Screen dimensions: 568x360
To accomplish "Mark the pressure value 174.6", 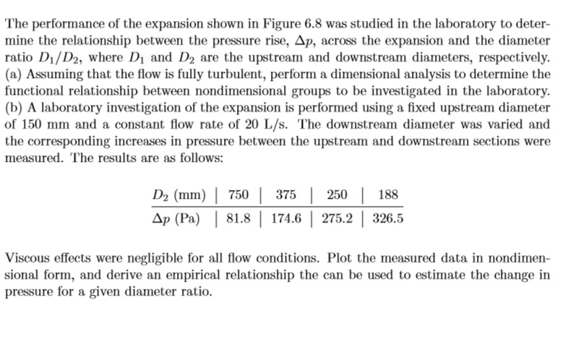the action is tap(289, 217).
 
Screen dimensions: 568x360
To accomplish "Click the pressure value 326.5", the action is tap(387, 217).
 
